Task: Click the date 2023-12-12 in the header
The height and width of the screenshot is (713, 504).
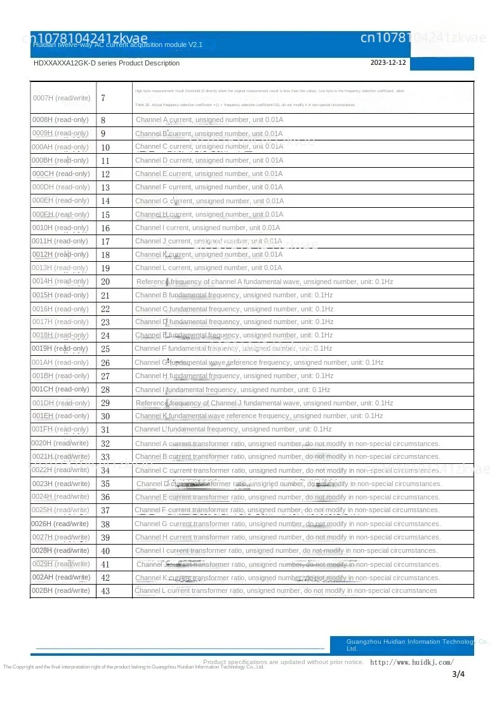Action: (388, 63)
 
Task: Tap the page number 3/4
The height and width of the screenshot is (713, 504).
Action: (458, 674)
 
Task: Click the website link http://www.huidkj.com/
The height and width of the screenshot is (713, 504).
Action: (411, 662)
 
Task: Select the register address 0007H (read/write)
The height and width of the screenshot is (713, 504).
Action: (62, 98)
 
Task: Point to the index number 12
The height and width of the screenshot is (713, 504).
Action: (105, 174)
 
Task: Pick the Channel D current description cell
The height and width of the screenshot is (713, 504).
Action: (209, 160)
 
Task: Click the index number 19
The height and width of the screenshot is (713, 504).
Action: (105, 268)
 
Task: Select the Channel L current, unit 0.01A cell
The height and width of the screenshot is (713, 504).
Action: (209, 268)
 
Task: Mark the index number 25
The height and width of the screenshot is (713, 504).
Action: (105, 349)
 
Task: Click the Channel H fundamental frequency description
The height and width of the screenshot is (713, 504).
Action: (234, 376)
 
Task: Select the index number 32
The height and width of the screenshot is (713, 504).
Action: (105, 444)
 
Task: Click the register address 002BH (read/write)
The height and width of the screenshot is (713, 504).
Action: (61, 590)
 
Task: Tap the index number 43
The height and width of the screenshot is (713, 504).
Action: (105, 591)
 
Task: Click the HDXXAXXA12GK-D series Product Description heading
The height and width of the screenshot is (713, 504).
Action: (107, 63)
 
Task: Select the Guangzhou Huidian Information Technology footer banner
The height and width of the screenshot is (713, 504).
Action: (401, 645)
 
